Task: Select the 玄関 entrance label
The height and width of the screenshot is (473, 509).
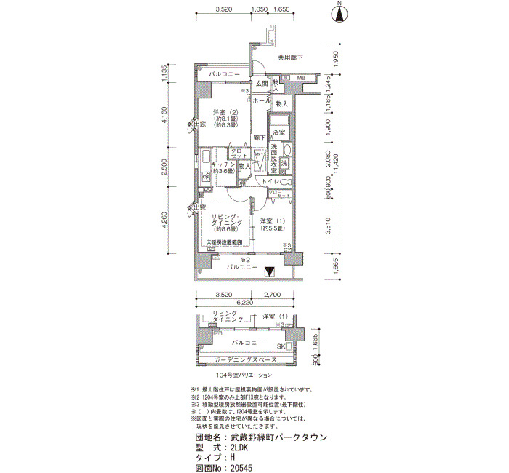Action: [x=262, y=84]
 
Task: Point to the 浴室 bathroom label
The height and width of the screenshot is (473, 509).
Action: [x=278, y=132]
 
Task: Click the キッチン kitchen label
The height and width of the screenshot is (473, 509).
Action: [x=222, y=165]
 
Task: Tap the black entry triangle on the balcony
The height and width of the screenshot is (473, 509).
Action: [x=270, y=272]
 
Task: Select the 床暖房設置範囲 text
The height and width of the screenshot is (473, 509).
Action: [x=223, y=242]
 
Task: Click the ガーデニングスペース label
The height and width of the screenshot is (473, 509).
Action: [x=247, y=360]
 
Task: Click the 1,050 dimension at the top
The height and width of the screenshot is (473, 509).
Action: [x=258, y=9]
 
